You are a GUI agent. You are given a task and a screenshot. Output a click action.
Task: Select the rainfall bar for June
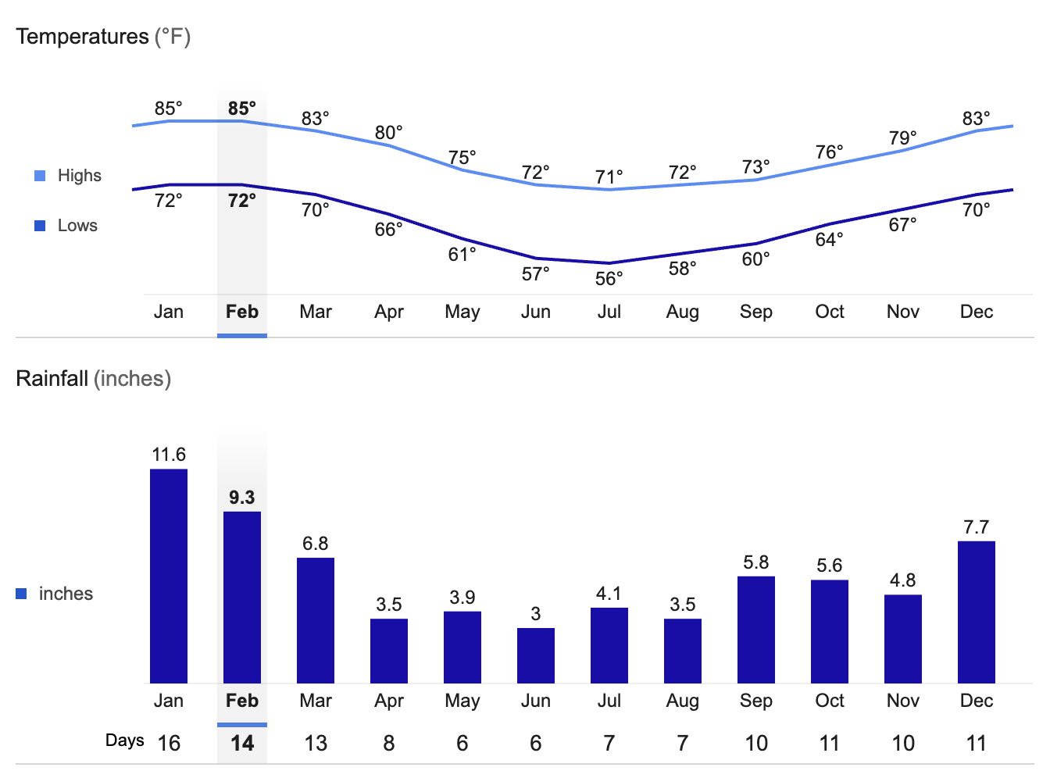(x=536, y=655)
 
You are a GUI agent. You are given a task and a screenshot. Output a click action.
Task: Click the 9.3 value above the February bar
(x=242, y=498)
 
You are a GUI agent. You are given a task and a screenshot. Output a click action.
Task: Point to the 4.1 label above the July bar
(x=609, y=594)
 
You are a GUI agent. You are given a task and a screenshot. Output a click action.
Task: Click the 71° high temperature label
(x=609, y=177)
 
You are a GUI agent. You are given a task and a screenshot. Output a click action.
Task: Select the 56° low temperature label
(x=609, y=279)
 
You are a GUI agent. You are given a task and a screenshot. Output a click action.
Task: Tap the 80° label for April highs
(x=388, y=133)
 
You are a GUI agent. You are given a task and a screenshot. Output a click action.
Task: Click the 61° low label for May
(x=462, y=255)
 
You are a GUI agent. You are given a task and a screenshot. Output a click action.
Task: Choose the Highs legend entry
(x=79, y=176)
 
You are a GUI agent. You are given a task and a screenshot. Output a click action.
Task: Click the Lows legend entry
(x=77, y=226)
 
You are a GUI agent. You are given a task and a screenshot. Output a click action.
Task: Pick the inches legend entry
(x=66, y=594)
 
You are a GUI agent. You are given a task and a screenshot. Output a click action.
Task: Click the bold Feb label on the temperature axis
(x=242, y=312)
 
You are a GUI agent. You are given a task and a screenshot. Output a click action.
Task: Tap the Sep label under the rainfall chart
(x=755, y=701)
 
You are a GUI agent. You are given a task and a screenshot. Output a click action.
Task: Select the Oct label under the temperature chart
(x=829, y=312)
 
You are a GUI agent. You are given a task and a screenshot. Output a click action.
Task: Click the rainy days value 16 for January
(x=169, y=743)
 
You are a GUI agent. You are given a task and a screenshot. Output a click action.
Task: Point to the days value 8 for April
(x=388, y=743)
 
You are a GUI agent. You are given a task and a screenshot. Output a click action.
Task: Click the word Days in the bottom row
(x=125, y=740)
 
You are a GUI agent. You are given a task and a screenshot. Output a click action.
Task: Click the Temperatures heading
(x=82, y=37)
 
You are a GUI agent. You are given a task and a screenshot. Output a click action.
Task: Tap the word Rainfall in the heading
(x=52, y=379)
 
